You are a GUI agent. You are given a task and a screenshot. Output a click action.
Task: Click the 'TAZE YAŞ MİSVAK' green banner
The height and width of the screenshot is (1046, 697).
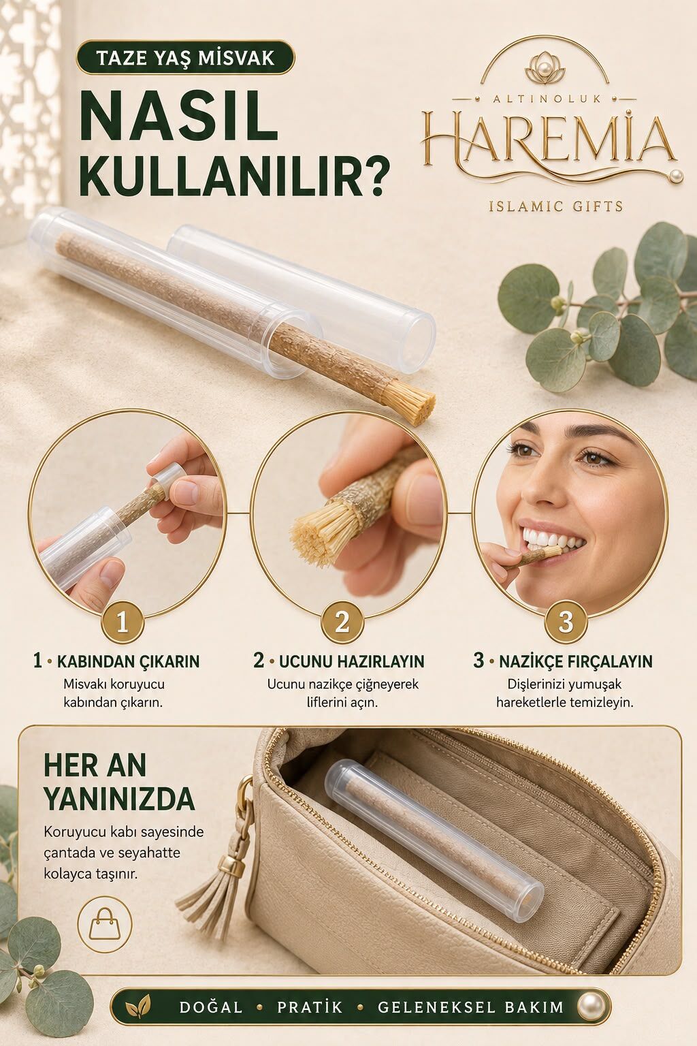[186, 58]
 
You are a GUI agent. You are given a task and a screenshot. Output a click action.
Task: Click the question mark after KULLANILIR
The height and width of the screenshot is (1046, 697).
[373, 178]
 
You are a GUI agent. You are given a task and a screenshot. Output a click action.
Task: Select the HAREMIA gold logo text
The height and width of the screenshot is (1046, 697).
[549, 139]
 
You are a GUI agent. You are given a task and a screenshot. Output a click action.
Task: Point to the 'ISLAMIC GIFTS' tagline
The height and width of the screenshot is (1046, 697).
[555, 206]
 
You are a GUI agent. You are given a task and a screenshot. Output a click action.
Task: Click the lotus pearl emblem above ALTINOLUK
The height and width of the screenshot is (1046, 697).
[545, 72]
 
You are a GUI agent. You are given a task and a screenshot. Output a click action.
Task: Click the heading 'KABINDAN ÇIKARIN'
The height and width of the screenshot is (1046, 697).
[129, 661]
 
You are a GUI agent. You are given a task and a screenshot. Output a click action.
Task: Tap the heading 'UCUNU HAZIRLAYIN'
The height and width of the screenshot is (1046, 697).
[351, 661]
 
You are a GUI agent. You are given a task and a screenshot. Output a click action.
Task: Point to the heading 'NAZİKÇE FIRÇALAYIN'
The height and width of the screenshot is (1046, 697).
[576, 661]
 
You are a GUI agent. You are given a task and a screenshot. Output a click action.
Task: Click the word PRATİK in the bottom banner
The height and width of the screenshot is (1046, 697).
[310, 1007]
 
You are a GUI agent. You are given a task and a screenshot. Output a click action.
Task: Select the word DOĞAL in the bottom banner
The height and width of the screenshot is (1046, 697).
[211, 1007]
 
